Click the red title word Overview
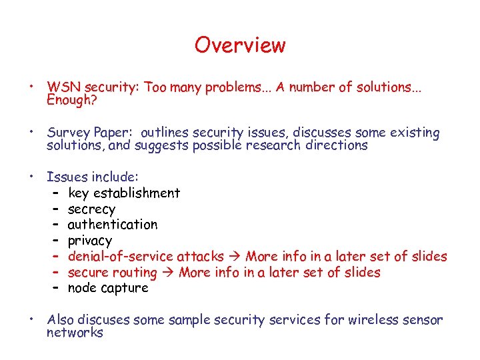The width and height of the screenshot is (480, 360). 240,45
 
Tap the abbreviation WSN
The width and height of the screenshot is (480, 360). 63,87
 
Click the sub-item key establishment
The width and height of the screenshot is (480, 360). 124,193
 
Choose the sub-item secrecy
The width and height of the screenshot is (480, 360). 91,209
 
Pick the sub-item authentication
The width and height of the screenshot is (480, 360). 113,225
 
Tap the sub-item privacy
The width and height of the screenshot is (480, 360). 90,241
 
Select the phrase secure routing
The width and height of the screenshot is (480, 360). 112,273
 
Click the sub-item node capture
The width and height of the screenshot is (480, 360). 108,289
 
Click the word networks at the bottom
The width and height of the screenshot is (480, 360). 75,332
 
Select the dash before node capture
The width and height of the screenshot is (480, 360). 54,289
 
